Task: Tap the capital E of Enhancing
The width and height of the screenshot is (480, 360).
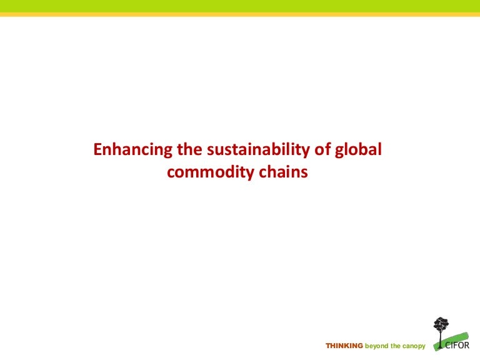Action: tap(97, 150)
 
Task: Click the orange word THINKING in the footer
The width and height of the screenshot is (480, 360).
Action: tap(344, 346)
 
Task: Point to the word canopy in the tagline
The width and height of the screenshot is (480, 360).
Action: tap(413, 346)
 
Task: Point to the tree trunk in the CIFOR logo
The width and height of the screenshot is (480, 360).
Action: tap(441, 340)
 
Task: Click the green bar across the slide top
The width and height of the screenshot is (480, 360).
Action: tap(240, 6)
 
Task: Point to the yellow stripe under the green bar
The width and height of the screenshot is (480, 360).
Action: tap(240, 14)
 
